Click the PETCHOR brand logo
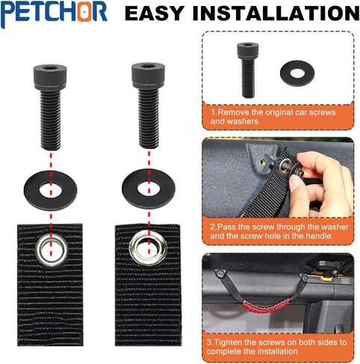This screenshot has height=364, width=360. pyautogui.click(x=54, y=13)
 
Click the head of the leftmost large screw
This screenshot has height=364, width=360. pyautogui.click(x=50, y=77)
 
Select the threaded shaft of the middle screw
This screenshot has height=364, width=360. pyautogui.click(x=149, y=119)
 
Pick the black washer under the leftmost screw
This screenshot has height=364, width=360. pyautogui.click(x=50, y=191)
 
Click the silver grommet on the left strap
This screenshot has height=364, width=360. pyautogui.click(x=52, y=250)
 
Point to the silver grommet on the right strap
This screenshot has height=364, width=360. pyautogui.click(x=149, y=247)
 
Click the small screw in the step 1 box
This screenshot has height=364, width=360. pyautogui.click(x=248, y=70)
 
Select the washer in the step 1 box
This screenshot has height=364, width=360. pyautogui.click(x=297, y=73)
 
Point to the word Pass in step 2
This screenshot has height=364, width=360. pyautogui.click(x=226, y=227)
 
